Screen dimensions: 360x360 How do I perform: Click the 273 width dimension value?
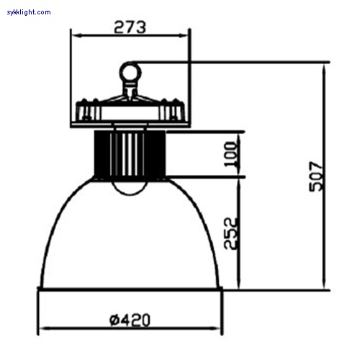[x=130, y=27]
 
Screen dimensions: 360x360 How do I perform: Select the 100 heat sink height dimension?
[x=230, y=153]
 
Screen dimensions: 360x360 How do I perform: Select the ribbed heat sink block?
[x=130, y=153]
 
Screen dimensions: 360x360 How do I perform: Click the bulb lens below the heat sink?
[x=130, y=186]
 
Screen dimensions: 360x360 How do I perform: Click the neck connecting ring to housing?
[x=130, y=89]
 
